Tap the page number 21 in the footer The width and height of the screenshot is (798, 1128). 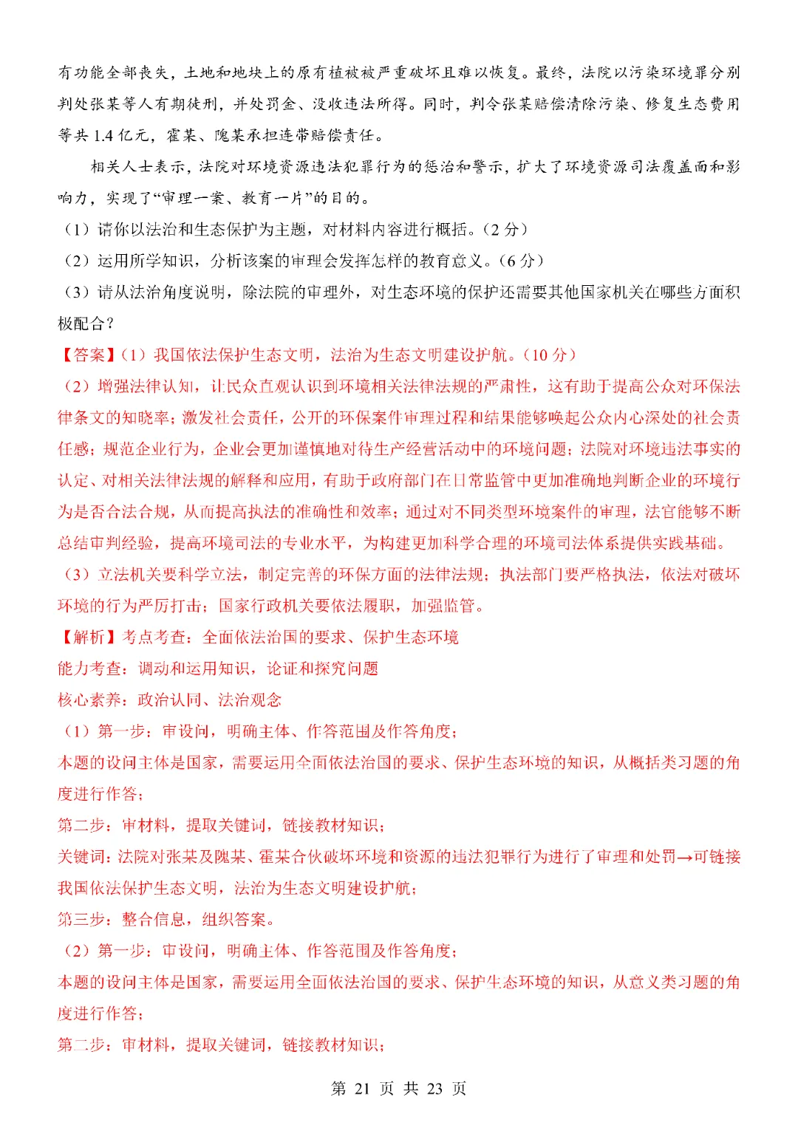(362, 1088)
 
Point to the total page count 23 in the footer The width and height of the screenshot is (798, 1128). (434, 1088)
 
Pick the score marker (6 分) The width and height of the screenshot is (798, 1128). (522, 261)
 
